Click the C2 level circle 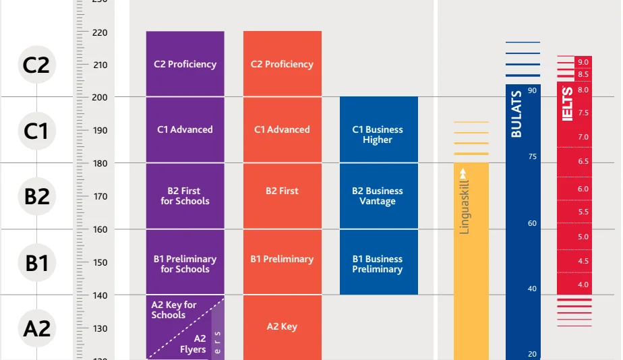(36, 65)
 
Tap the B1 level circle (36, 262)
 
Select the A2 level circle (36, 328)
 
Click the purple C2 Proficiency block (185, 64)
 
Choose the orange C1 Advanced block (282, 129)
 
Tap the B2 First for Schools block (185, 196)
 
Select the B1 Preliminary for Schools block (185, 264)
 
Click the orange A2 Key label (282, 326)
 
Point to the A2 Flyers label (194, 344)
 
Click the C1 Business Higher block (378, 134)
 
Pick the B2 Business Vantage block (378, 196)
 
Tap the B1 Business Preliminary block (378, 264)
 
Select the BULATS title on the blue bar (516, 114)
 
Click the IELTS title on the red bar (568, 104)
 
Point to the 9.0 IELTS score (583, 62)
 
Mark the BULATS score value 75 (533, 157)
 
